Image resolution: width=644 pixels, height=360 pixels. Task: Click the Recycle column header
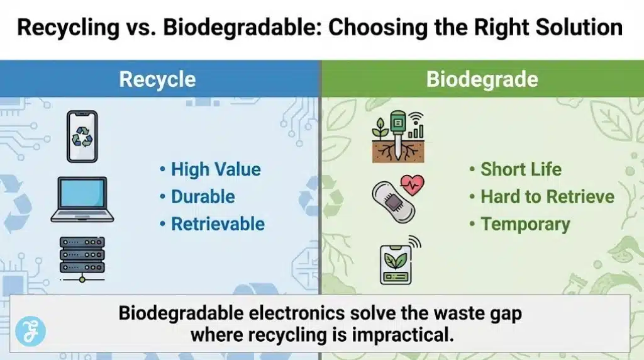(157, 79)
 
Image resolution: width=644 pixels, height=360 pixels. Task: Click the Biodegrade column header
(482, 79)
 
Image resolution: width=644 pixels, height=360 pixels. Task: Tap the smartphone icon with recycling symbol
(82, 137)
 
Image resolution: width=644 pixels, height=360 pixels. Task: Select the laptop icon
(82, 200)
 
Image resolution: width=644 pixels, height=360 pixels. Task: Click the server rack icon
(82, 259)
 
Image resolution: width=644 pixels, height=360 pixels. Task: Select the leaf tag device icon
(396, 262)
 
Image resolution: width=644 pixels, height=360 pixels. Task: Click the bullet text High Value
(216, 169)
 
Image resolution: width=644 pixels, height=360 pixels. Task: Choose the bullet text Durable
(203, 196)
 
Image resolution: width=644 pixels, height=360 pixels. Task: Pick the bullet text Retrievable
(218, 224)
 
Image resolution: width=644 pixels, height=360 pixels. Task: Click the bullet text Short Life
(521, 169)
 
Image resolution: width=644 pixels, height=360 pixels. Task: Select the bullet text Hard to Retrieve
(547, 196)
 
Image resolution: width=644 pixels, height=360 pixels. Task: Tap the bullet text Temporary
(525, 224)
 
